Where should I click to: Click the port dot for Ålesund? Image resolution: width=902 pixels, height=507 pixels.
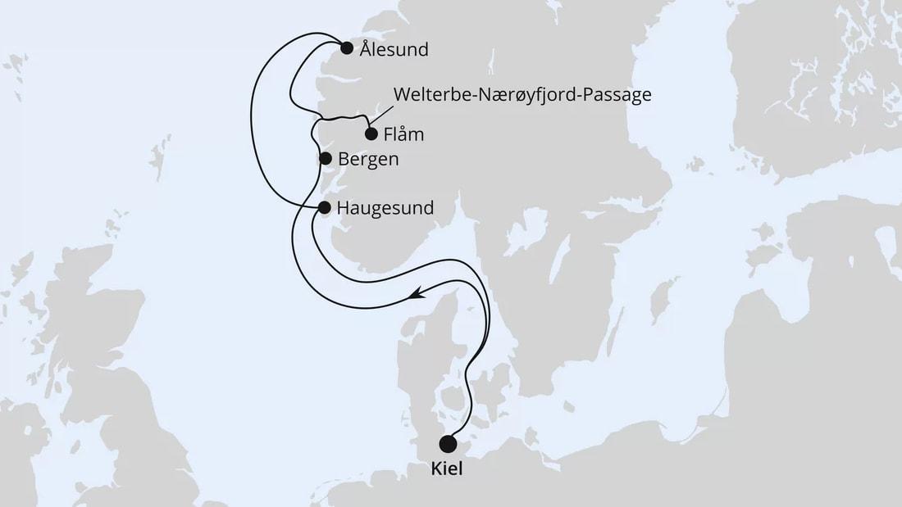point(347,48)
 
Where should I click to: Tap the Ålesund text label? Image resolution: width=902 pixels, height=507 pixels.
point(394,50)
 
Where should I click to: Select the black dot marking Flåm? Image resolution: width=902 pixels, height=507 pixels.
point(371,134)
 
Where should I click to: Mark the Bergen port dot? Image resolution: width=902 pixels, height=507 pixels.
point(325,158)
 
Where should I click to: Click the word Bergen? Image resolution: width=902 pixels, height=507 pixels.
point(368,160)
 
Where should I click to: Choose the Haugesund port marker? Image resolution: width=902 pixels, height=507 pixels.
point(325,208)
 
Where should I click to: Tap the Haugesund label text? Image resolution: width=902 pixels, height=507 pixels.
point(385,210)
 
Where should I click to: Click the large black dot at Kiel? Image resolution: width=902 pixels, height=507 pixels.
point(448,444)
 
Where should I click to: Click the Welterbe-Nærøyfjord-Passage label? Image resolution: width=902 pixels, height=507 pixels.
point(522,95)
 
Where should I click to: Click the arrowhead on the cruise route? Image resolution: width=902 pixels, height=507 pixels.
point(418,292)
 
